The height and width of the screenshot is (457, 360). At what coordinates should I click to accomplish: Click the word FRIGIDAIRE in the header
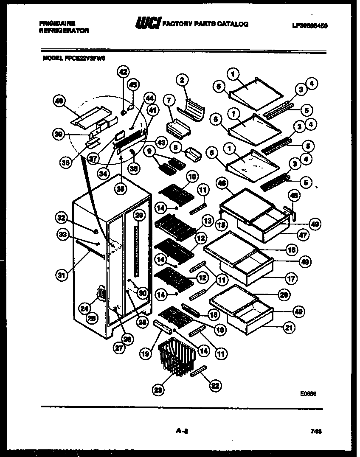click(57, 24)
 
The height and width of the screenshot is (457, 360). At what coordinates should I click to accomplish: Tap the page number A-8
click(182, 431)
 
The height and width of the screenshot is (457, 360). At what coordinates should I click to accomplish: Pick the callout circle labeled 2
click(182, 80)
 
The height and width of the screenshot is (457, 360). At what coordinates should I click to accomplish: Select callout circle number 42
click(123, 72)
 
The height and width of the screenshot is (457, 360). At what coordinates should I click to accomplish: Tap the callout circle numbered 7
click(169, 101)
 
